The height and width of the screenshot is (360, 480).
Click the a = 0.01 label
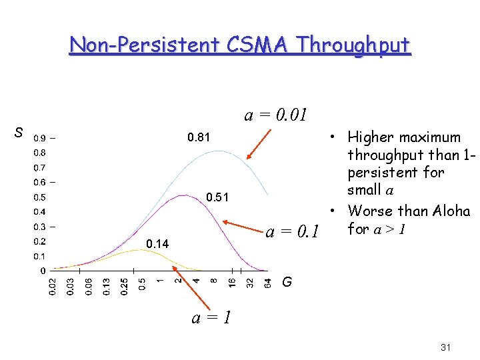click(275, 115)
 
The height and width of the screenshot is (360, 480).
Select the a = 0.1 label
click(291, 233)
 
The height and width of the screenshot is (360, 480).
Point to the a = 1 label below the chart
click(211, 317)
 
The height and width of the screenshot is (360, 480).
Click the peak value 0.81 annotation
click(199, 138)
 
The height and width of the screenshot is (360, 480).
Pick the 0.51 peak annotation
click(217, 197)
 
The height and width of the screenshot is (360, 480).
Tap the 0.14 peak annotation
click(157, 245)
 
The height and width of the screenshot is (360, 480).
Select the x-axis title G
click(286, 282)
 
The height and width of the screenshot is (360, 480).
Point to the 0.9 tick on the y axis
click(40, 139)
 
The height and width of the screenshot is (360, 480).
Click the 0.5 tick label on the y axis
click(40, 197)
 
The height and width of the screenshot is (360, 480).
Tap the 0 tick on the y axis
click(43, 271)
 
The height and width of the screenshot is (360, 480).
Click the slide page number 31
click(447, 348)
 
